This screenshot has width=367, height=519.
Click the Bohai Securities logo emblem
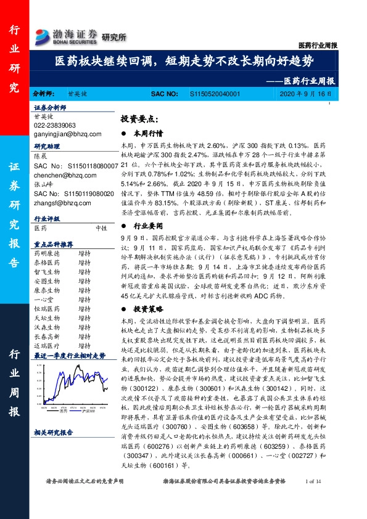pos(41,36)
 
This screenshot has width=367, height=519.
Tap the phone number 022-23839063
pos(55,125)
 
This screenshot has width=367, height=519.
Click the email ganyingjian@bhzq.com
pos(63,134)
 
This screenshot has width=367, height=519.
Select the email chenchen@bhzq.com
pos(59,176)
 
